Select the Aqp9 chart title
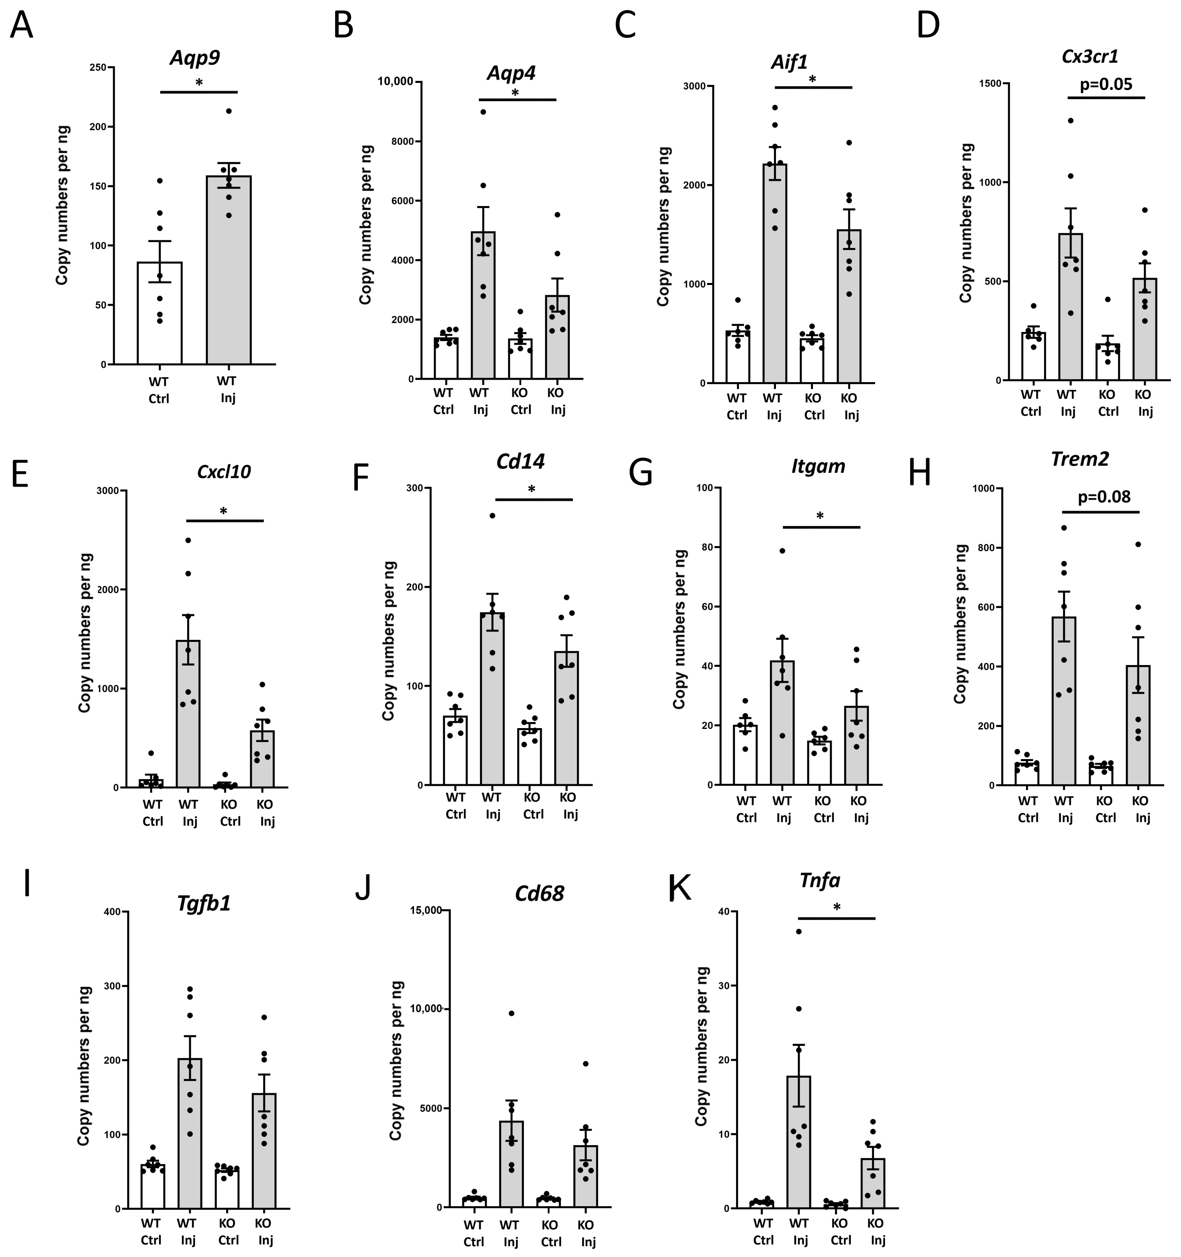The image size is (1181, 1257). click(x=195, y=58)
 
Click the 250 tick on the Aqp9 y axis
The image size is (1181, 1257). click(x=98, y=67)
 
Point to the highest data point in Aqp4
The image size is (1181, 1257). click(x=483, y=112)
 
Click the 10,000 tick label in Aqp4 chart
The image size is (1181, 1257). click(x=395, y=81)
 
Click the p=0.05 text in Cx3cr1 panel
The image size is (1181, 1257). click(x=1106, y=84)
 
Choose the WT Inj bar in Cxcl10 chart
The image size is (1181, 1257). click(x=188, y=715)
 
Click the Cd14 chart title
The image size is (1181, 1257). click(x=521, y=461)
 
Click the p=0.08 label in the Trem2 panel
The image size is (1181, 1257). click(x=1104, y=496)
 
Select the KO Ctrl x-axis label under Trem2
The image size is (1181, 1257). click(x=1105, y=809)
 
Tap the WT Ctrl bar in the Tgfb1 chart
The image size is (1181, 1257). click(x=153, y=1185)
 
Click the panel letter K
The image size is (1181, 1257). click(x=680, y=888)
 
